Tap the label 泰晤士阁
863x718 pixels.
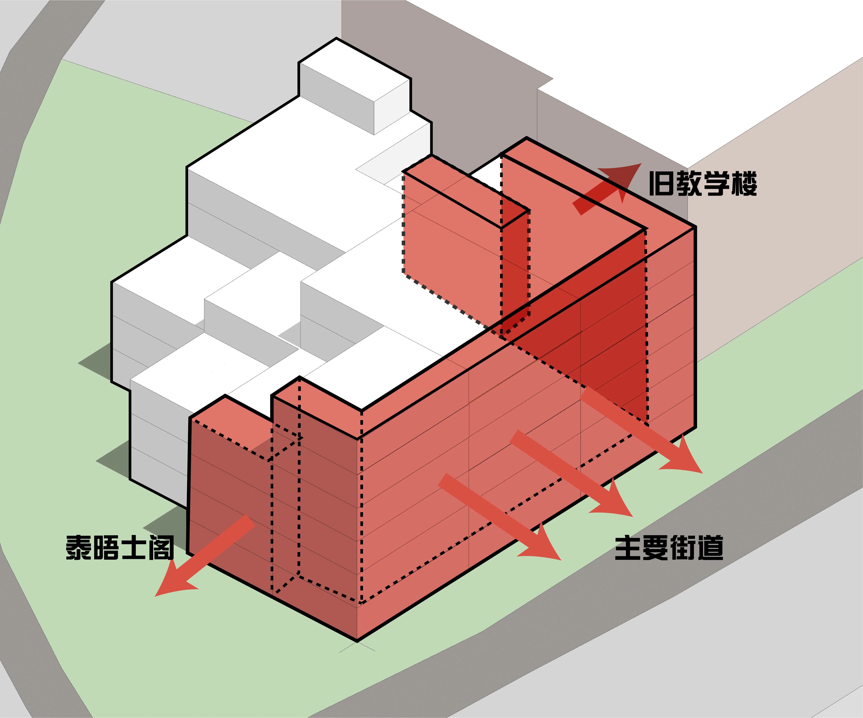tap(120, 547)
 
